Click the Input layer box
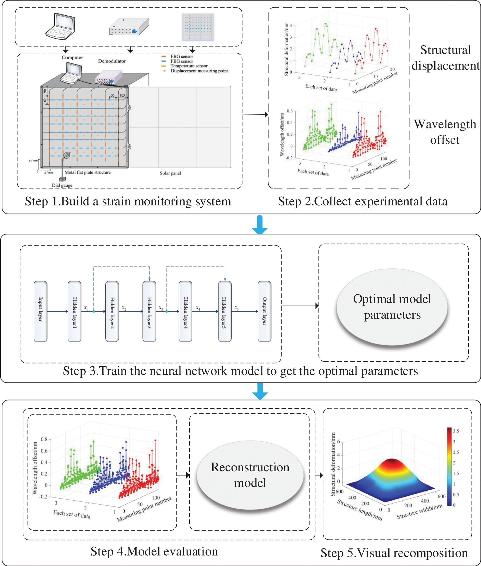tap(40, 311)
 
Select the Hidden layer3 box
tap(149, 311)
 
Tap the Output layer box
tap(264, 311)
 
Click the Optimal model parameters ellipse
tap(392, 307)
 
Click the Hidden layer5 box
tap(225, 311)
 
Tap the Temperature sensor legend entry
tap(189, 66)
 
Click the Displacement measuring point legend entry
tap(199, 71)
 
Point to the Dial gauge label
tap(62, 185)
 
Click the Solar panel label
tap(170, 173)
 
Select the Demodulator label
tap(112, 61)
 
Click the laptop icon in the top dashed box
tap(60, 26)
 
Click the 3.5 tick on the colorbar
tap(456, 431)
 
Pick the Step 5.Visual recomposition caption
tap(394, 553)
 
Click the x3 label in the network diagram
tap(161, 308)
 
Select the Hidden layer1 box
tap(74, 311)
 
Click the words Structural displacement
tap(445, 58)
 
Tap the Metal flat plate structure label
tap(87, 172)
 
